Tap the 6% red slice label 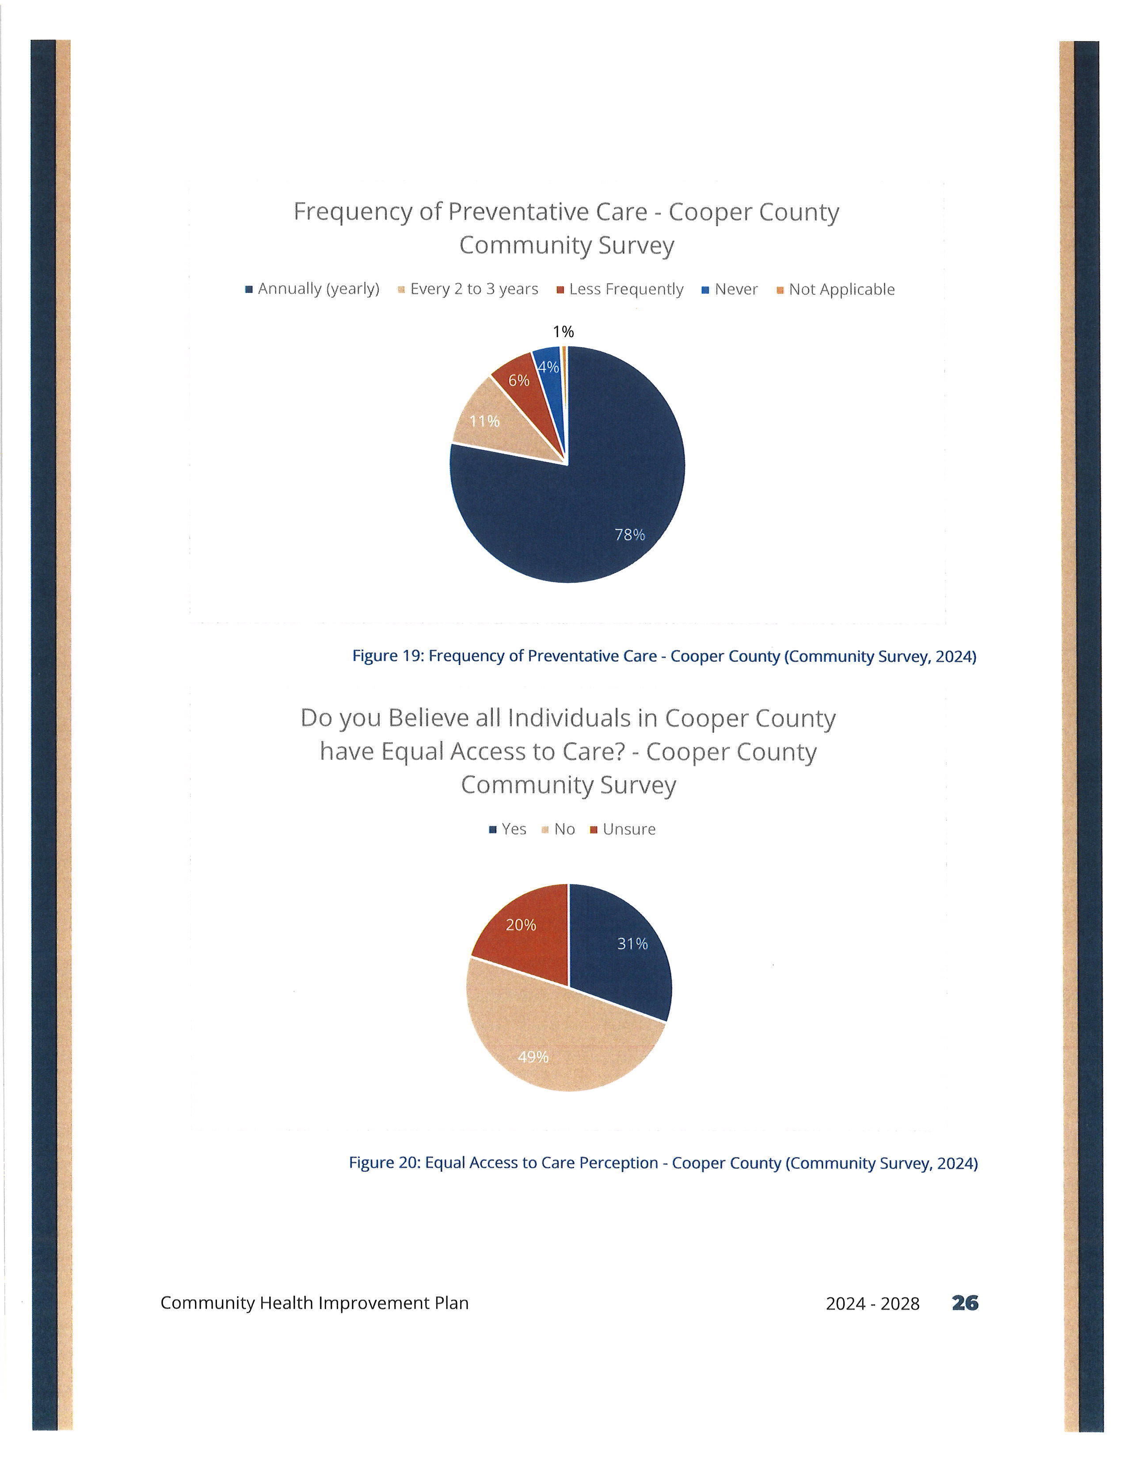[519, 380]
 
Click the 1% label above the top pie [563, 332]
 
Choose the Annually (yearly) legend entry [312, 289]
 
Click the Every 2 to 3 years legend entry [468, 289]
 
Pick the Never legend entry [730, 289]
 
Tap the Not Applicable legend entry [835, 289]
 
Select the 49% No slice [554, 1041]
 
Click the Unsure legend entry [623, 829]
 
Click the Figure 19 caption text [664, 656]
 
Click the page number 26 [965, 1303]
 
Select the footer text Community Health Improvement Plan [315, 1303]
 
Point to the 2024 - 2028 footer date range [872, 1304]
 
